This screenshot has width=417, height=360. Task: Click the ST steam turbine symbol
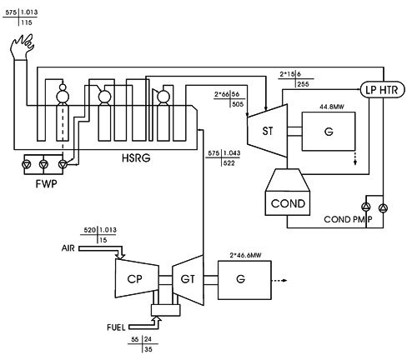click(267, 131)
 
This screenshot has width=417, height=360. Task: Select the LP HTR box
click(382, 89)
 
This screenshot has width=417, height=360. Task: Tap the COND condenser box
click(288, 203)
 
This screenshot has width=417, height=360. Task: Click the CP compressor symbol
click(137, 278)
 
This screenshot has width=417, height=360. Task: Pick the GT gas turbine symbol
click(188, 279)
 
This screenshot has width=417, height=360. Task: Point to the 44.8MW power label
click(331, 107)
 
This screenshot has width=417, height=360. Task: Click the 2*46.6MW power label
click(245, 255)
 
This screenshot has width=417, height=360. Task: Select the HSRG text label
click(136, 157)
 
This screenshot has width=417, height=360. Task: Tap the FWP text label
click(46, 183)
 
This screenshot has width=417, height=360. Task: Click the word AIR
click(68, 248)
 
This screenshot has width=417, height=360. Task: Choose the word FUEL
click(116, 327)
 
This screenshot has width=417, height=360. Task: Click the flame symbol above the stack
click(23, 47)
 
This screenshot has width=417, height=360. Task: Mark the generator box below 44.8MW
click(329, 132)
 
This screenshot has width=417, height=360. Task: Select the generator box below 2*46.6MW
click(244, 280)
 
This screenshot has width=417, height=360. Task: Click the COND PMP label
click(349, 219)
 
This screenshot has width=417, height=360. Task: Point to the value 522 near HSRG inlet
click(229, 163)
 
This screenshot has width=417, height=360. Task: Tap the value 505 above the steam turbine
click(238, 104)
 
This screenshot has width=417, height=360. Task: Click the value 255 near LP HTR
click(303, 84)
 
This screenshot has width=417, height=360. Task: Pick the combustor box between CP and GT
click(166, 310)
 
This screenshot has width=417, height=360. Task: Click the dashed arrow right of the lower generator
click(279, 280)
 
